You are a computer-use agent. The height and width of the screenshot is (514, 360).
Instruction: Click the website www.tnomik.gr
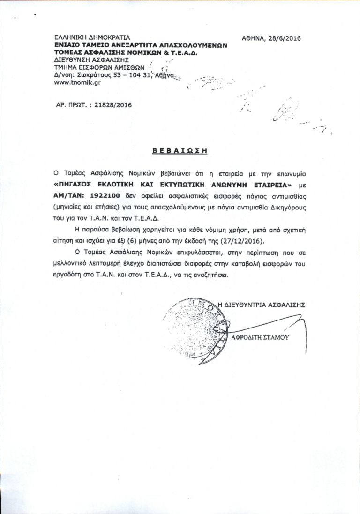point(77,82)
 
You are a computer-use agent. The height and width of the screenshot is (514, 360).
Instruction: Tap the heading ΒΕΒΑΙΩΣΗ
point(180,151)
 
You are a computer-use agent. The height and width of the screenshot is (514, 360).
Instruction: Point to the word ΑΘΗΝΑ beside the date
point(254,39)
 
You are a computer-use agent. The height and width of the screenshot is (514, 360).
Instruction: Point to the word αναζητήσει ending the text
point(214,275)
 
